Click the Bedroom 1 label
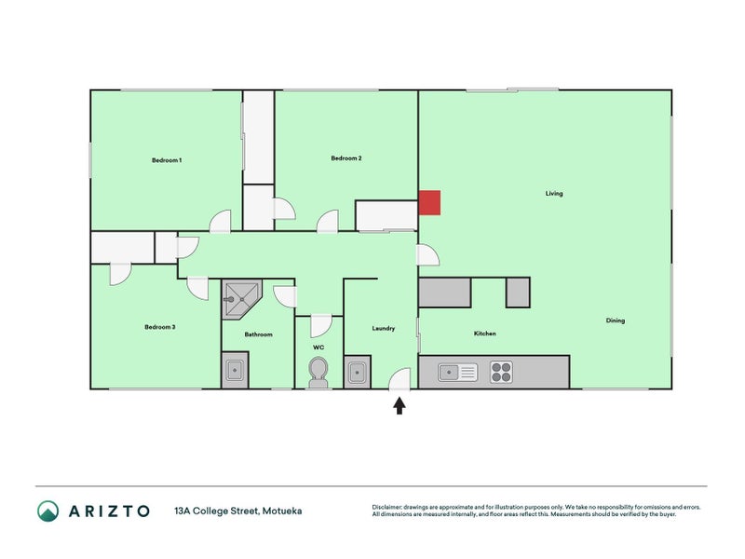[167, 160]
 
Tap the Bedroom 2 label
[346, 158]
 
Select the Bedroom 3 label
[160, 327]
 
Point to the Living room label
[554, 194]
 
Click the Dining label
[616, 320]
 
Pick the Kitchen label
[484, 334]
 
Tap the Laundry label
[384, 328]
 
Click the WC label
[318, 347]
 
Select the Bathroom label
[258, 334]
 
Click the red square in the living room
[429, 202]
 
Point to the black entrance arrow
[400, 405]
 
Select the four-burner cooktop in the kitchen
[501, 372]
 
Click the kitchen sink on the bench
[457, 373]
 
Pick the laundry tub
[357, 373]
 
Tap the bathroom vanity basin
[235, 372]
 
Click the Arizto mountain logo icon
[47, 511]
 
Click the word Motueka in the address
[282, 511]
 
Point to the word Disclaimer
[390, 507]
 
